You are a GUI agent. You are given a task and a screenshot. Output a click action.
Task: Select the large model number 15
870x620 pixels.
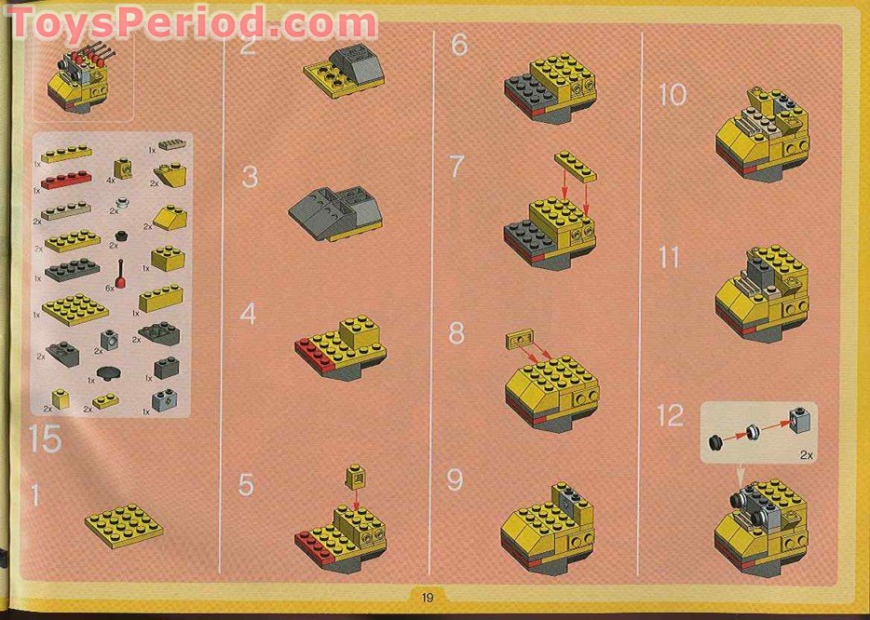point(45,438)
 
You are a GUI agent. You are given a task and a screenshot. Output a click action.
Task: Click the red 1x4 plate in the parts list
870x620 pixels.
point(65,180)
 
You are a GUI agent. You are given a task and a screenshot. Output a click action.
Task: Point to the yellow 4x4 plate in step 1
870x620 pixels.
point(124,524)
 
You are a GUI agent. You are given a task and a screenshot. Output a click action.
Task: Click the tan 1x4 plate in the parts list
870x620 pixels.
point(65,209)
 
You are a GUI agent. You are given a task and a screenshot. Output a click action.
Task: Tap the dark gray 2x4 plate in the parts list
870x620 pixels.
point(71,270)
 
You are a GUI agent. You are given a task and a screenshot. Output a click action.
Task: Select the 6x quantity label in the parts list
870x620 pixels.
point(110,289)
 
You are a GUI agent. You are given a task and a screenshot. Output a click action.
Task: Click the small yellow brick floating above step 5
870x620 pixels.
point(355,478)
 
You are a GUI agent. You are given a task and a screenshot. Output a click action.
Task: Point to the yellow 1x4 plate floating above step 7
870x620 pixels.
point(575,168)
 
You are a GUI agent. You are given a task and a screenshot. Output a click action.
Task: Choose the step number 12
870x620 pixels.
point(670,416)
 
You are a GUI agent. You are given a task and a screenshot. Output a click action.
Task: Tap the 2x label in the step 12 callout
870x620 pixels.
point(806,456)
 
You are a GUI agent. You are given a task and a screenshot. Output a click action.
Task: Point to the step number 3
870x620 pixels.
point(250,177)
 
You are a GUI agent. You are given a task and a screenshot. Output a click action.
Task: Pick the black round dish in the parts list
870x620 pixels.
point(113,374)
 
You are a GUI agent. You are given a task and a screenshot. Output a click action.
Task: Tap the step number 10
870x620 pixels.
point(673,94)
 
